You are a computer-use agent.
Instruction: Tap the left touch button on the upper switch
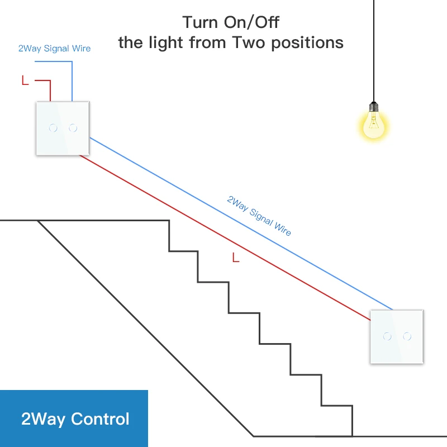point(53,128)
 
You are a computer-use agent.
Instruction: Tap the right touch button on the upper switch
point(73,128)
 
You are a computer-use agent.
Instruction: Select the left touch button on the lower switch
point(387,336)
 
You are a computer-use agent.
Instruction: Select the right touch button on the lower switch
point(407,336)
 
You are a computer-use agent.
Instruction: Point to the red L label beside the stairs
point(235,258)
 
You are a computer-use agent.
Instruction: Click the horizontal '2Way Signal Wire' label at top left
point(54,49)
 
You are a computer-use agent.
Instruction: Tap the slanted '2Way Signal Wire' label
point(259,215)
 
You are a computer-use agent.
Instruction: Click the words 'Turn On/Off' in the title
point(231,23)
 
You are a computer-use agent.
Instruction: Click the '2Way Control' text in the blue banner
point(75,419)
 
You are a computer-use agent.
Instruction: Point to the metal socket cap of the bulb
point(373,106)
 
